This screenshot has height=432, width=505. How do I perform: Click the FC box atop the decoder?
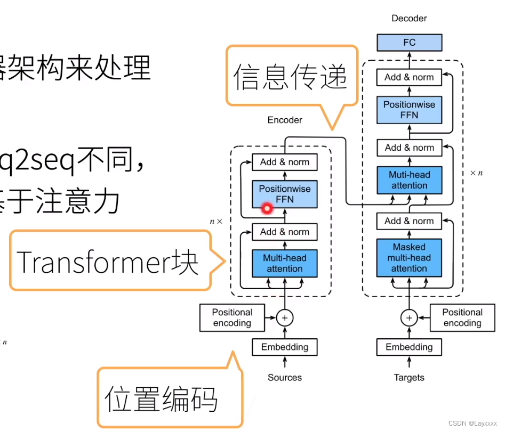409,42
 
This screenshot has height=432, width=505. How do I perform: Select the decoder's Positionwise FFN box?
409,110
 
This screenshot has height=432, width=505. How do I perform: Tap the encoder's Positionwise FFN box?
285,194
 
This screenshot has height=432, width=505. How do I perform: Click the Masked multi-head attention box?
409,258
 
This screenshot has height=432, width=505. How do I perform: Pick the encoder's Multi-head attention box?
285,263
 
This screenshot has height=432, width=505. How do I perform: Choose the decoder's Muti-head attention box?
409,180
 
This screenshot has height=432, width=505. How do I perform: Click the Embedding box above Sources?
285,347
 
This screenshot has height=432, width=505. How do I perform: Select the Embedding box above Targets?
409,347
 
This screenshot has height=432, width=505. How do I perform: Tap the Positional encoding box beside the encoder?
232,317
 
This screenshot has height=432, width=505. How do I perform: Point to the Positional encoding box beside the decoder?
462,317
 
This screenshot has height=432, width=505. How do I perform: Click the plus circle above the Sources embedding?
285,318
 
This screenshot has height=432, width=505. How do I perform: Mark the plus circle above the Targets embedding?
409,318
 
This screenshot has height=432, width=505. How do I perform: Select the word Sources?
285,378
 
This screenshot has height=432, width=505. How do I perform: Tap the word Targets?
409,378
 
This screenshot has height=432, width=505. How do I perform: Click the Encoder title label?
285,120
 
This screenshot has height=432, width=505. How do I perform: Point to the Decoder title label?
409,18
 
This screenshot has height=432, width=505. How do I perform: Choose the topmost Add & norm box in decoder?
409,77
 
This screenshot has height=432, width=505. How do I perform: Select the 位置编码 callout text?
161,400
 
